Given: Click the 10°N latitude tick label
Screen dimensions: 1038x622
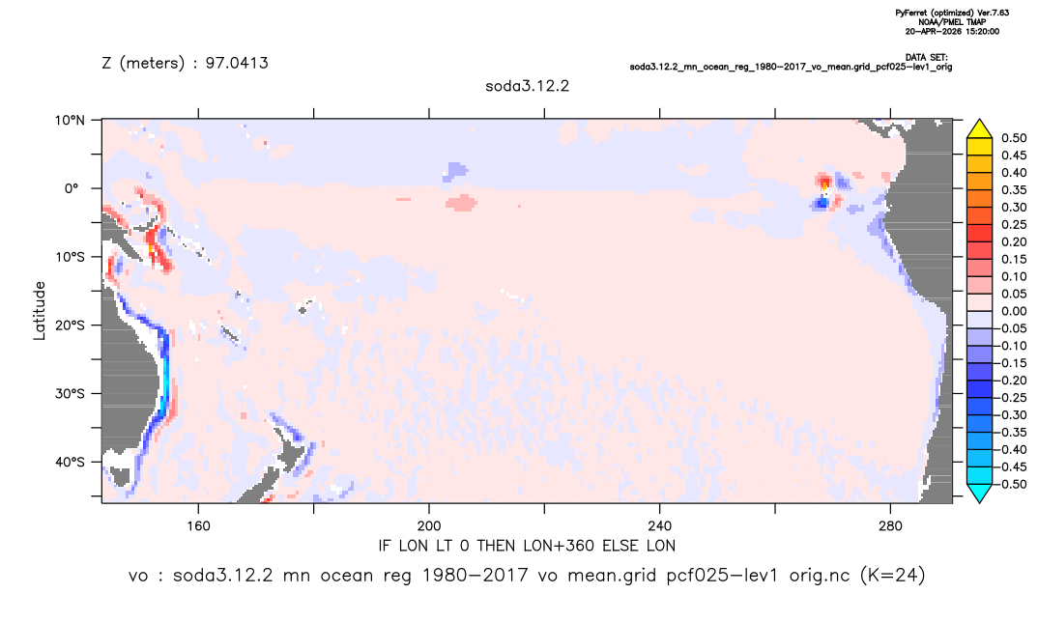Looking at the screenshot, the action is [70, 121].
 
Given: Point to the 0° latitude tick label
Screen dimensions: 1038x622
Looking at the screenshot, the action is [72, 188].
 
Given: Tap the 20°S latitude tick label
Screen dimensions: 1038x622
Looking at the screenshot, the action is [70, 325].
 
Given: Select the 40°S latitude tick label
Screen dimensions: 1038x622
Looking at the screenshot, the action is [70, 462].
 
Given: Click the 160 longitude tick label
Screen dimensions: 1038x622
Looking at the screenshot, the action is [198, 526].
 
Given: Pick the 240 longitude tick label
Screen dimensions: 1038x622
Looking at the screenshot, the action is [660, 526].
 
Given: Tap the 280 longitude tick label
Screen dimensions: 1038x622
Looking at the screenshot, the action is [890, 526].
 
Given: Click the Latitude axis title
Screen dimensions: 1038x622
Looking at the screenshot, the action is [40, 311].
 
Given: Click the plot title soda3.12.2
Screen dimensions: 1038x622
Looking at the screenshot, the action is [527, 86].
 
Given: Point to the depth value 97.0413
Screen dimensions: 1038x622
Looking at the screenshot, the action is [237, 64].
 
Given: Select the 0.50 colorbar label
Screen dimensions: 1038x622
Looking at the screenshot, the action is [1014, 138].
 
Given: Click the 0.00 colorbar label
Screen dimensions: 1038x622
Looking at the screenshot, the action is [1014, 311].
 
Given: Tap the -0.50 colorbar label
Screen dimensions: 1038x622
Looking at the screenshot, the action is [1012, 484].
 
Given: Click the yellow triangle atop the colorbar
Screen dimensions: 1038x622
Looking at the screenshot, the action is [979, 129].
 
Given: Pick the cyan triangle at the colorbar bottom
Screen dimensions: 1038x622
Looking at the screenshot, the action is [979, 493].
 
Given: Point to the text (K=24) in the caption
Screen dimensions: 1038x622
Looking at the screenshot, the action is [892, 576].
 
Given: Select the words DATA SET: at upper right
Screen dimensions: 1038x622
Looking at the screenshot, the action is [927, 58].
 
